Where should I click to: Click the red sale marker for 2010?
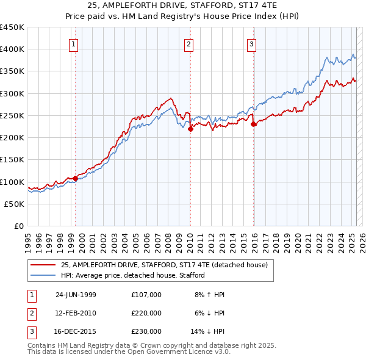(x=190, y=129)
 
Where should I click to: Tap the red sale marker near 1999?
(x=76, y=178)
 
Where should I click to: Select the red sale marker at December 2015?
(x=253, y=124)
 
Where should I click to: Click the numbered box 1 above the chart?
(x=73, y=43)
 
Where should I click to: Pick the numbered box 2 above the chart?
(x=189, y=43)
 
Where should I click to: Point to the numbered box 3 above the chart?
(x=251, y=43)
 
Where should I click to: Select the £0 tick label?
(x=20, y=226)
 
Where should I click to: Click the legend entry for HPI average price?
(x=132, y=276)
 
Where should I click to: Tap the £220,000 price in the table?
(x=146, y=313)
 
